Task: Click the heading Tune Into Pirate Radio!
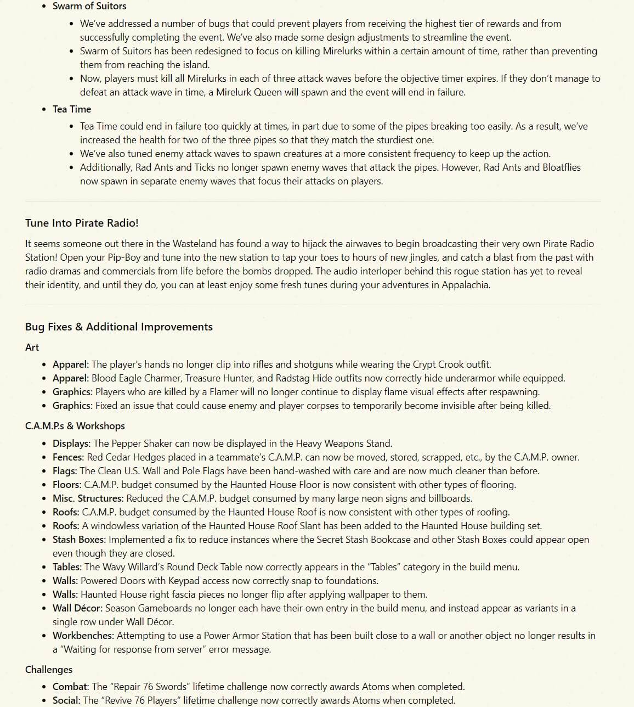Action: tap(82, 223)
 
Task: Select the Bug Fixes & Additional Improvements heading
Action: tap(118, 327)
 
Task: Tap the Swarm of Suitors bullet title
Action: tap(89, 6)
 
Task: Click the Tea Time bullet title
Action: tap(72, 109)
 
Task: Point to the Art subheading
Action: tap(32, 347)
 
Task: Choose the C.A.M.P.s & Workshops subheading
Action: tap(75, 426)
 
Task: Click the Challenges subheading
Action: tap(49, 670)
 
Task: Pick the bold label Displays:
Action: tap(71, 444)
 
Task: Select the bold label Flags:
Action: tap(65, 471)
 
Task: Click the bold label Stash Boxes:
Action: tap(79, 540)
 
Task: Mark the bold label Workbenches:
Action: tap(83, 636)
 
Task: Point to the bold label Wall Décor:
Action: tap(77, 608)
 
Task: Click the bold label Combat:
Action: tap(71, 687)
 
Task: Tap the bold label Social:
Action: tap(66, 700)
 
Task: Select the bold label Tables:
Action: tap(67, 567)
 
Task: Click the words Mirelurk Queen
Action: tap(250, 92)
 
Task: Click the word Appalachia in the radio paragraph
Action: tap(466, 285)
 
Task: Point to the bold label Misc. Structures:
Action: tap(88, 498)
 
